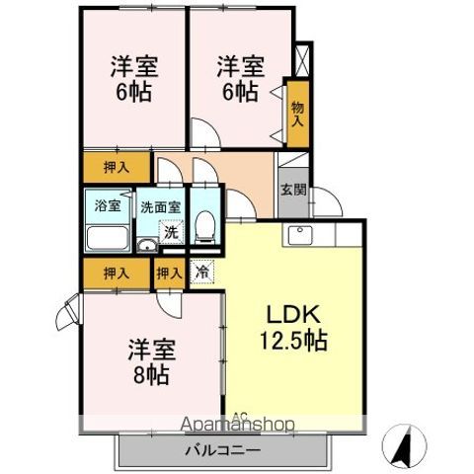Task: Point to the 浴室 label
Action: [x=107, y=206]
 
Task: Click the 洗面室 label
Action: [x=159, y=207]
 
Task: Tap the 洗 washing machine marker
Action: [x=170, y=233]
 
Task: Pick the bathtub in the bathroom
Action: [x=108, y=238]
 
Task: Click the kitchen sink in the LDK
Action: [x=300, y=236]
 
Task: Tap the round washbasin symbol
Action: [x=146, y=247]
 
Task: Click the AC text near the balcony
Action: [x=241, y=416]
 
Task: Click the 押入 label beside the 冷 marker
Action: [x=168, y=272]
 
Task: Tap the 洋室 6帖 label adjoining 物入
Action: [x=240, y=79]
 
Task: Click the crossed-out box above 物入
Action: [x=302, y=59]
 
